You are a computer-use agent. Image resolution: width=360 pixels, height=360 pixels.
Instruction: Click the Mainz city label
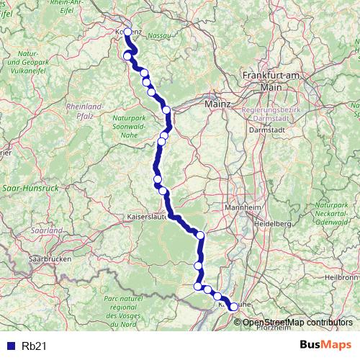pos(217,104)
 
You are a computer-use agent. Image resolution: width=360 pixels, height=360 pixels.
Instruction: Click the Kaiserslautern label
pos(148,215)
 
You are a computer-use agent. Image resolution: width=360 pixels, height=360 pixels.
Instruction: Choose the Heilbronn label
pos(341,276)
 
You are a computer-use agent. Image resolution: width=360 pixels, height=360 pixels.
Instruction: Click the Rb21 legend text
pos(34,346)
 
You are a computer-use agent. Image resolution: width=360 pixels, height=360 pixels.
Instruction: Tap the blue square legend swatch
pos(10,346)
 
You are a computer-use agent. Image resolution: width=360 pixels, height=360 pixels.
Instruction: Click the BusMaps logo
pos(325,346)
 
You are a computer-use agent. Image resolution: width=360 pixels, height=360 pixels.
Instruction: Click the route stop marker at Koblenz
pos(127,32)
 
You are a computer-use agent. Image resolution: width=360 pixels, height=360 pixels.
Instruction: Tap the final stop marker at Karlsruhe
pos(233,307)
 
